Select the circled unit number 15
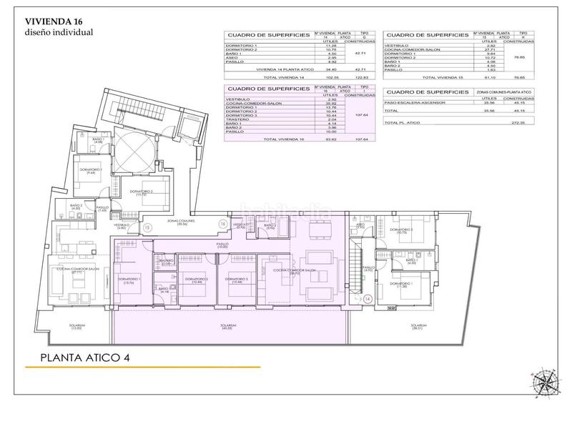click(147, 227)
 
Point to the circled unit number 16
click(223, 224)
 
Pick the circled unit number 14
click(368, 298)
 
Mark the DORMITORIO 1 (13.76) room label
click(129, 280)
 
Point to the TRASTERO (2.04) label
click(167, 262)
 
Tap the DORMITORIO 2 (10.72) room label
click(144, 192)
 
